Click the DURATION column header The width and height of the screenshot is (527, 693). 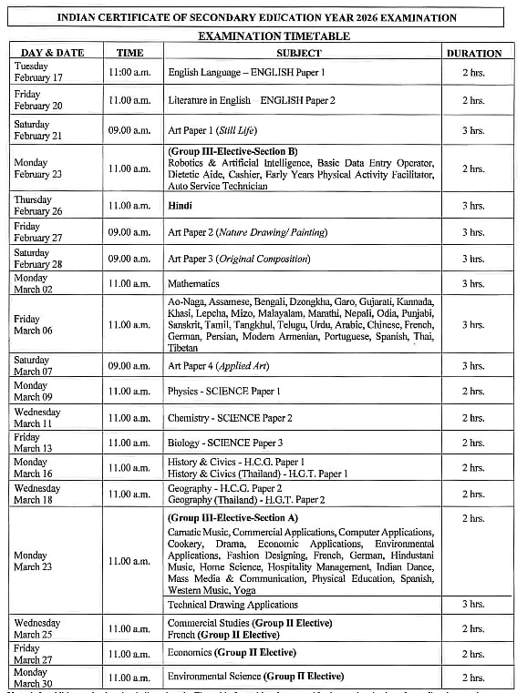473,53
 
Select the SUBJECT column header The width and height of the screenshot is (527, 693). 299,53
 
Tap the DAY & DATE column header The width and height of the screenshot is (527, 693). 51,53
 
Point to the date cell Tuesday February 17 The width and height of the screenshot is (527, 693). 38,72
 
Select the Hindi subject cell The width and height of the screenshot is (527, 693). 180,206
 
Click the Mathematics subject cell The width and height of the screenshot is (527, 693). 193,283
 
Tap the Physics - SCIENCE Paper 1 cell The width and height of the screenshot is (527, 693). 224,392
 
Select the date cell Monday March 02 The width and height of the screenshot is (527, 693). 32,283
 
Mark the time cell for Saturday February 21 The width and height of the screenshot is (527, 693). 129,130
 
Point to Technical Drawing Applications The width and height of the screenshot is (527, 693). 233,605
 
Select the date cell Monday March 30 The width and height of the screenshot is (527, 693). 32,678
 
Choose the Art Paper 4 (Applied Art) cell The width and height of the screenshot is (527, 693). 218,366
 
